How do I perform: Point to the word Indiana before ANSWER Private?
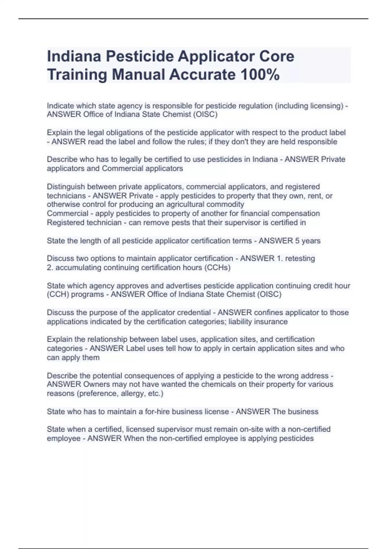click(265, 159)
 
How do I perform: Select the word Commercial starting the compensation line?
click(67, 213)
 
